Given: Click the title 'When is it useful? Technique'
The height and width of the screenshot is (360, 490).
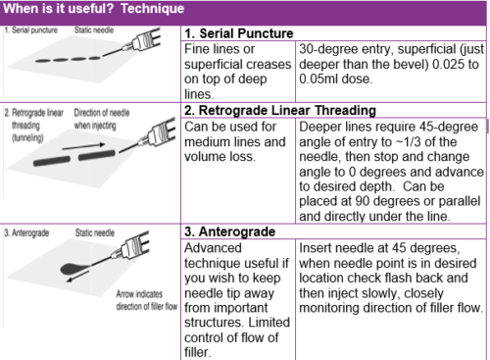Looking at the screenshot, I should (94, 9).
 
